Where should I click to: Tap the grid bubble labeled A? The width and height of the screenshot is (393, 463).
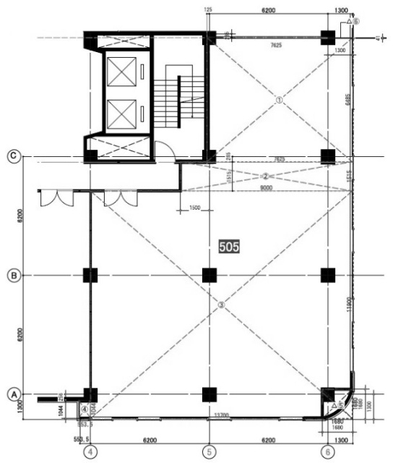[12, 394]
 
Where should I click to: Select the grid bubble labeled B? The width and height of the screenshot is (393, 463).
[12, 275]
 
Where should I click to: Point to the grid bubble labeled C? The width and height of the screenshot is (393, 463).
[12, 156]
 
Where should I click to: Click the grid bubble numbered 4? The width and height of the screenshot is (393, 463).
[90, 451]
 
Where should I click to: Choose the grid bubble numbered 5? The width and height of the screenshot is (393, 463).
[210, 451]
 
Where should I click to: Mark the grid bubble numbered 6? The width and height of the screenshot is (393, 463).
[329, 451]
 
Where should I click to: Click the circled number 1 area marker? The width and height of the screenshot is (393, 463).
[278, 101]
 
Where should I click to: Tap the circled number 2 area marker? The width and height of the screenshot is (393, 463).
[265, 176]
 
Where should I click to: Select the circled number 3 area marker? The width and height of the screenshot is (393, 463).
[222, 305]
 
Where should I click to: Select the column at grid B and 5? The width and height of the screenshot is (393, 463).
[210, 275]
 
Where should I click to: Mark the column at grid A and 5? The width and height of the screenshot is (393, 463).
[210, 394]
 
